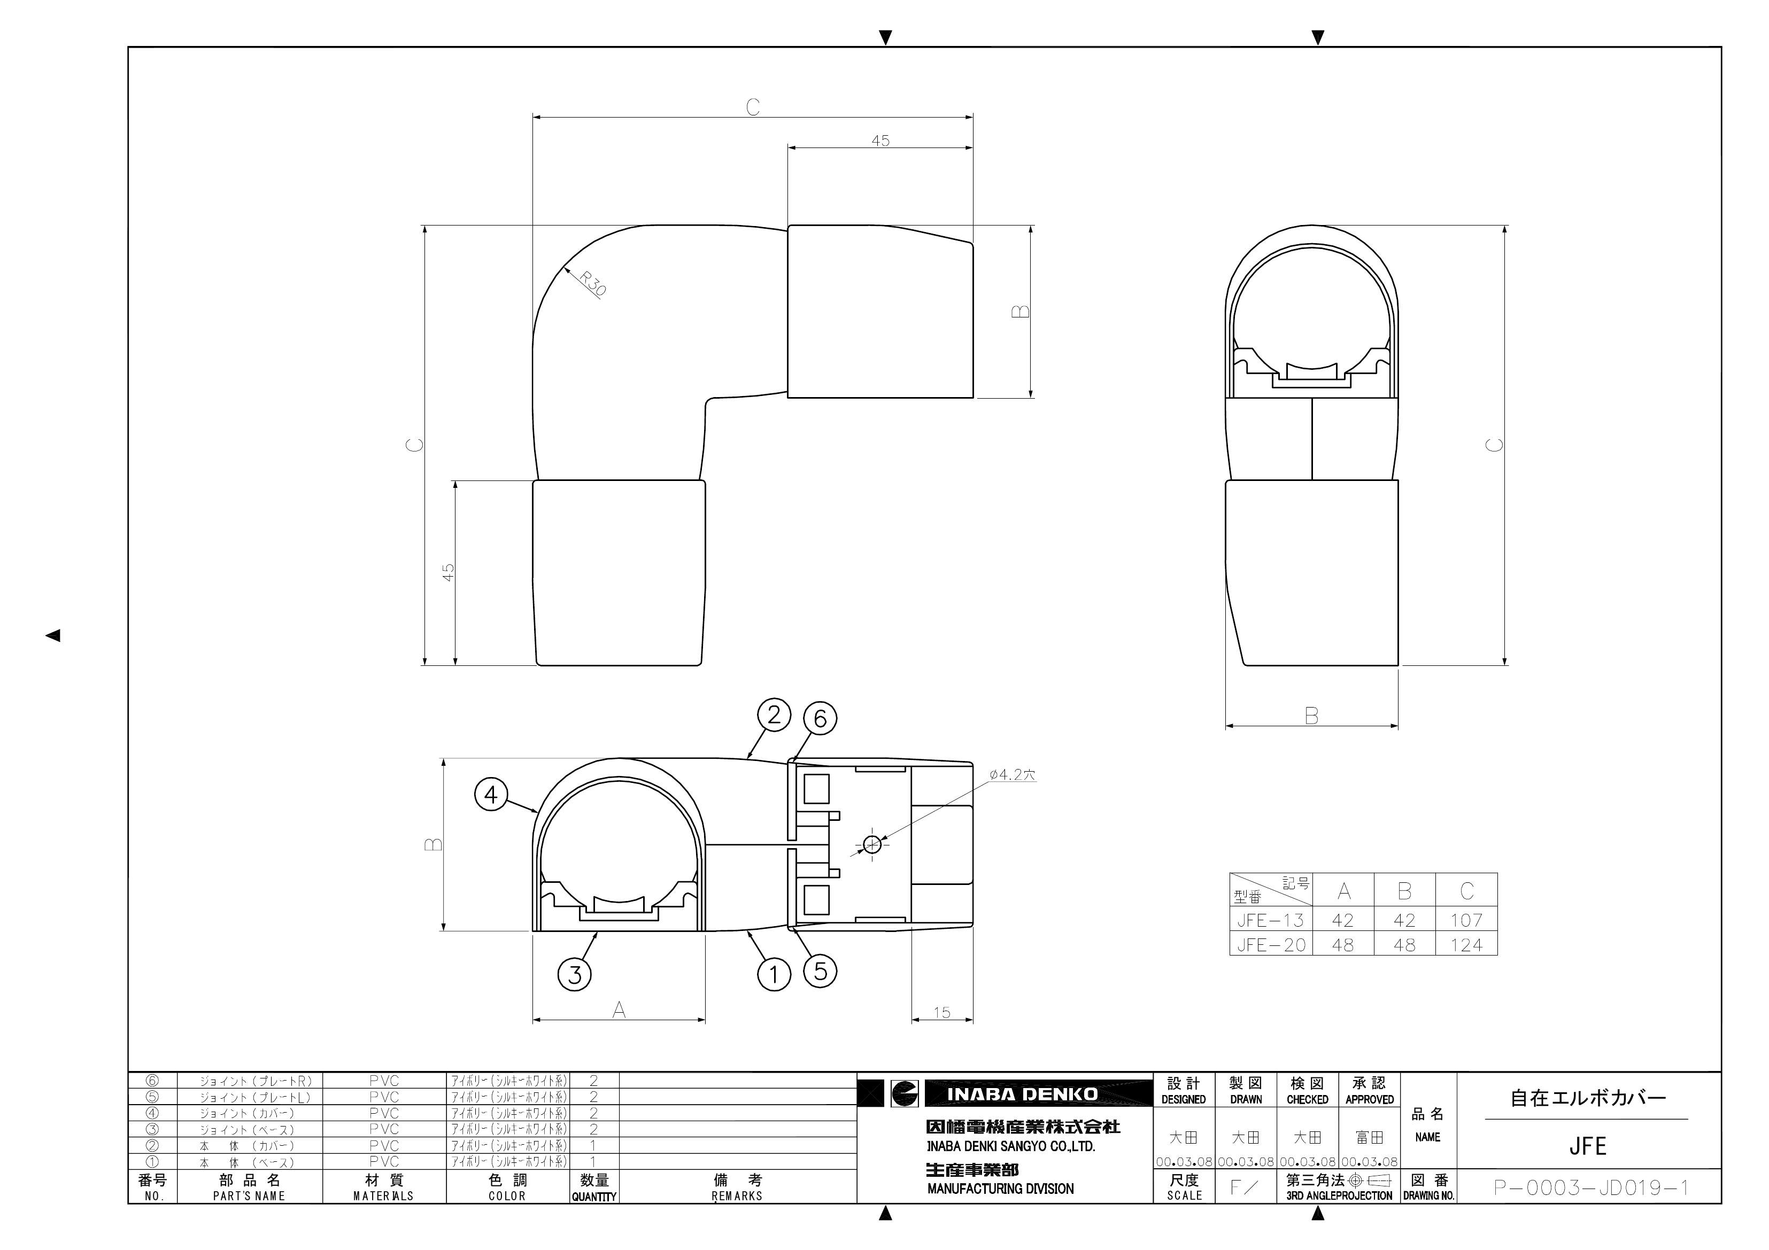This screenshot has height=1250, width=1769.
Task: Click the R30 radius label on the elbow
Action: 593,283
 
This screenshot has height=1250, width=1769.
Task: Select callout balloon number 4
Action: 491,794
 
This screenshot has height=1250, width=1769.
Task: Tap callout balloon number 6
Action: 820,719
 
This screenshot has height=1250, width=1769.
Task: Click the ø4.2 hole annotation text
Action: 1013,775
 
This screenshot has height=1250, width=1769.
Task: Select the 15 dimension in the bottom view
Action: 941,1013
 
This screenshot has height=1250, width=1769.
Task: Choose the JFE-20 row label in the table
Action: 1271,945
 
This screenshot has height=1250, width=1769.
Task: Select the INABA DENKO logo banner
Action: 1022,1093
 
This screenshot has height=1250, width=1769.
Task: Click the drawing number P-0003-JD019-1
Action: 1590,1187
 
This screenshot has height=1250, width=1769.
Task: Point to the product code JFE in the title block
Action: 1587,1146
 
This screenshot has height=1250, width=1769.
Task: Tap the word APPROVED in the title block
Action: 1369,1100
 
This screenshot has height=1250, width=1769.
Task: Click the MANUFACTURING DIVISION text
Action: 1000,1189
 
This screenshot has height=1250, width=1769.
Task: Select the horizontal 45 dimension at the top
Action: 880,141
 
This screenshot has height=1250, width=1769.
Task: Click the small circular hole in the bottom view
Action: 872,845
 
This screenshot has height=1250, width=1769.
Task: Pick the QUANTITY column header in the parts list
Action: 593,1197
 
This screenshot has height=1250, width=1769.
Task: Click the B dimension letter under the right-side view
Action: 1311,716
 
